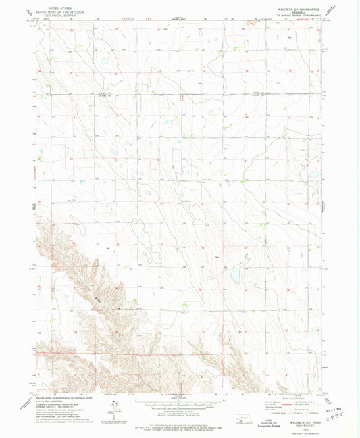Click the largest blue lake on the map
(x=234, y=276)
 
